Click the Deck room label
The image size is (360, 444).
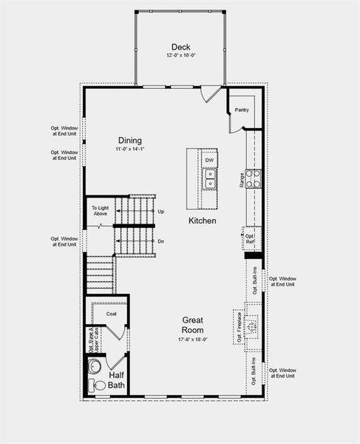point(181,47)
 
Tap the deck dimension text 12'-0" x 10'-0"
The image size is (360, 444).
point(181,56)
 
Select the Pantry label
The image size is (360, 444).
point(242,110)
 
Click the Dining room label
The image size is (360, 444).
point(130,141)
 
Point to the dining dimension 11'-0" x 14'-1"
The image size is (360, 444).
point(130,149)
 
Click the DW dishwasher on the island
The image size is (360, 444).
point(210,160)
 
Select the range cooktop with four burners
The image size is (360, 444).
point(253,178)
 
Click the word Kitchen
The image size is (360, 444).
point(202,221)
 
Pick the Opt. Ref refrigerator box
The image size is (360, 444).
point(251,239)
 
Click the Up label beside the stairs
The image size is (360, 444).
point(161,212)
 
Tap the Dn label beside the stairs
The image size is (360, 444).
point(161,241)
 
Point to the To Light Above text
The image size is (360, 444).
point(100,211)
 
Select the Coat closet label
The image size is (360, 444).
point(111,314)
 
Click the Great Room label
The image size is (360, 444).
point(193,325)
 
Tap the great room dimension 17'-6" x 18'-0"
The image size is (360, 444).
point(193,340)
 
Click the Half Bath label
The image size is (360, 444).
point(117,380)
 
